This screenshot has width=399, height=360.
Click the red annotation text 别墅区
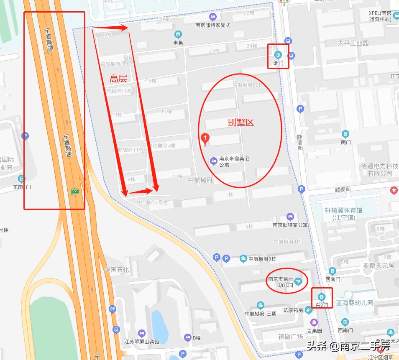(241, 123)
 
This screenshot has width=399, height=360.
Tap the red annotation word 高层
(118, 78)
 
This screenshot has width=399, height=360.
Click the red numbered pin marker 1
(205, 138)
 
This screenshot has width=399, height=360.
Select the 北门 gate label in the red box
(279, 63)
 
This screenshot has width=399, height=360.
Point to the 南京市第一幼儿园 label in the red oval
(280, 282)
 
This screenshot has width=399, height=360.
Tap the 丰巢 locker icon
(179, 34)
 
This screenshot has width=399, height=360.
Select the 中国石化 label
(117, 270)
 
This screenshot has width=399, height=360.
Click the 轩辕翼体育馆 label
(344, 214)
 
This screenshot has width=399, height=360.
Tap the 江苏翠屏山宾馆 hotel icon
(141, 333)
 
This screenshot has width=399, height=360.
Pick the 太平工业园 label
(353, 43)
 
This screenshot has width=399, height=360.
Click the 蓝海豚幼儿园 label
(358, 303)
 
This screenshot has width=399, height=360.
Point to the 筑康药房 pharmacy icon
(308, 310)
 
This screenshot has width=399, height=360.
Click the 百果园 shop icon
(314, 322)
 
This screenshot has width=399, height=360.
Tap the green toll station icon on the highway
(75, 191)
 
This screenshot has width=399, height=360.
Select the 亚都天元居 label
(379, 266)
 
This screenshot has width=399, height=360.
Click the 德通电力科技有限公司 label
(380, 169)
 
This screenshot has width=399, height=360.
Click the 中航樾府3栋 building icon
(243, 259)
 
